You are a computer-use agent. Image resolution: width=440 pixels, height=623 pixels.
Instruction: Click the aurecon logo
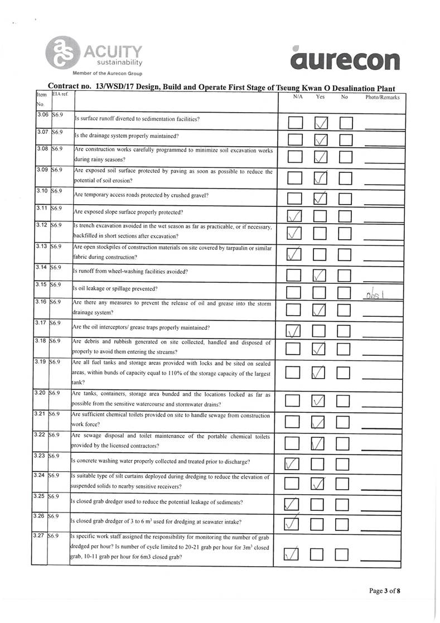[x=344, y=59]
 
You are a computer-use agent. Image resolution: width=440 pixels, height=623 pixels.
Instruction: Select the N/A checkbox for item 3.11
[x=294, y=215]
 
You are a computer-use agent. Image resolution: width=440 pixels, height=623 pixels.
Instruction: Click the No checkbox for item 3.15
[x=344, y=292]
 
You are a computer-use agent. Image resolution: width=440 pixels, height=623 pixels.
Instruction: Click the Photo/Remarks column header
[x=382, y=97]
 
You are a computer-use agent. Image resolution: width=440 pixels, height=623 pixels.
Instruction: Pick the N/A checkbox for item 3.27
[x=293, y=554]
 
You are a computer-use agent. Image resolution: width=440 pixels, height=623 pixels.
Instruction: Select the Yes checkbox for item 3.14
[x=320, y=275]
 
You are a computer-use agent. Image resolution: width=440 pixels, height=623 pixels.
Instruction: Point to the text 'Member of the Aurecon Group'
[x=107, y=74]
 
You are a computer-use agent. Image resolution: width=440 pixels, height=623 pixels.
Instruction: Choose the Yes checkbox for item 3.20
[x=319, y=401]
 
